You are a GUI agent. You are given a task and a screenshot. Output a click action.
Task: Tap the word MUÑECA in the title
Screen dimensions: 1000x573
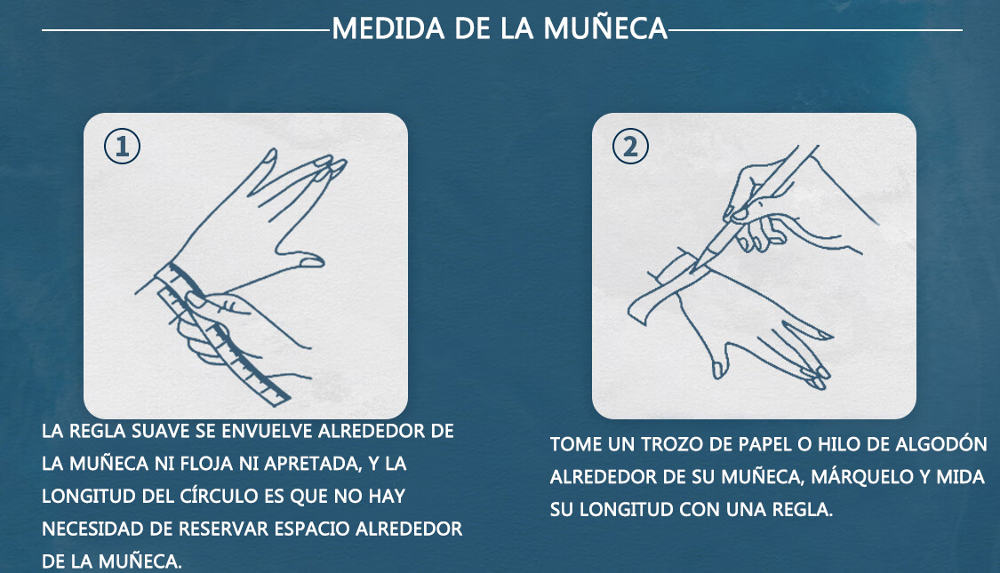click(605, 28)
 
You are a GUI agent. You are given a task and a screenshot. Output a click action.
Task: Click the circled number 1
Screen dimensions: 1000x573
click(122, 146)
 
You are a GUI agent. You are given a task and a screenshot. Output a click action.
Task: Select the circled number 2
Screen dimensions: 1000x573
click(630, 146)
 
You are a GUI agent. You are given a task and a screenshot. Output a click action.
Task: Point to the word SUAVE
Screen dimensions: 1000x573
click(161, 432)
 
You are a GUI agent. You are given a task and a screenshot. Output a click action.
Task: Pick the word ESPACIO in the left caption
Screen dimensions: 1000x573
click(310, 529)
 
